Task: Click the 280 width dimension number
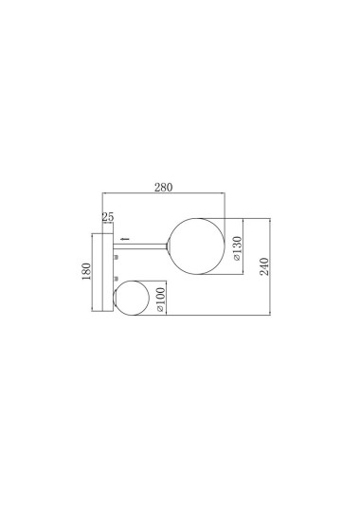[163, 187]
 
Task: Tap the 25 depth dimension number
[108, 218]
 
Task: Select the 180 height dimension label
[86, 273]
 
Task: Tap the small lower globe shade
[132, 298]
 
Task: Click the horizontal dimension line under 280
[163, 196]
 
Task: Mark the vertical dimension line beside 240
[272, 267]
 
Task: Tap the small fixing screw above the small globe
[116, 278]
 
